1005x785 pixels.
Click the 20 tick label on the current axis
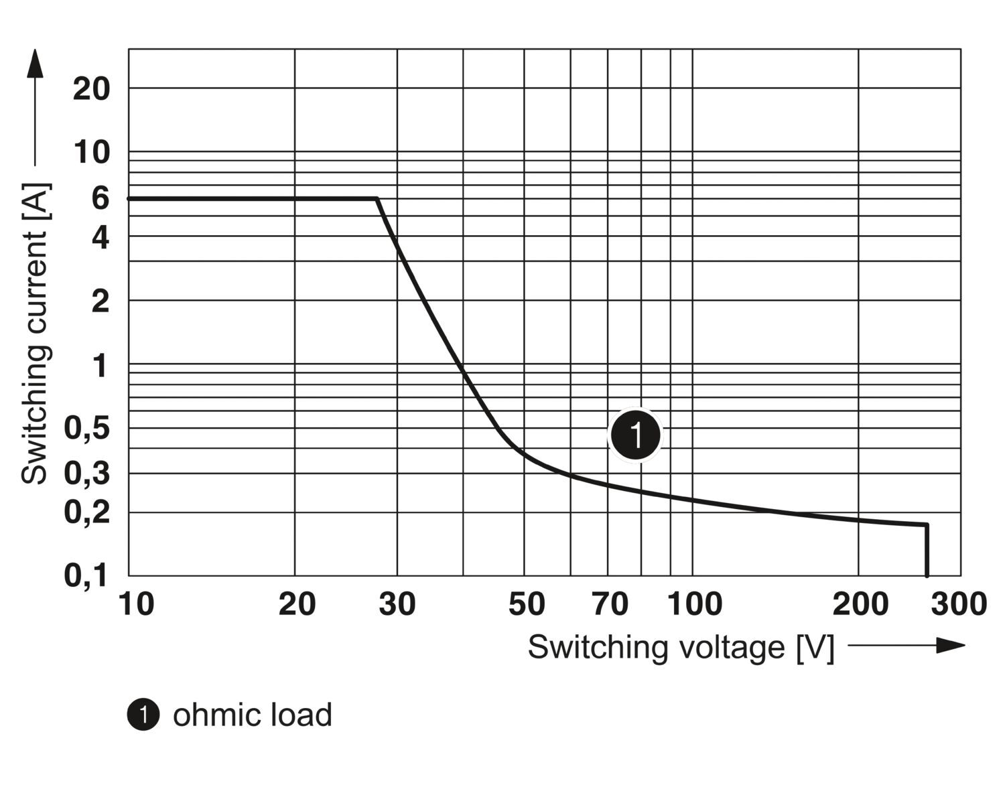(x=91, y=88)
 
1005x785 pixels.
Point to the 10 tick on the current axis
(x=91, y=153)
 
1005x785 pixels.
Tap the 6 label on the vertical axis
(x=100, y=198)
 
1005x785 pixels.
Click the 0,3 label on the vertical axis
(x=86, y=474)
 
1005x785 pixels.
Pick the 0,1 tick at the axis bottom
(x=86, y=575)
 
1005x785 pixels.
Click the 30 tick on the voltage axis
(x=397, y=604)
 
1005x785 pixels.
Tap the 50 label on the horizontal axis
(x=526, y=604)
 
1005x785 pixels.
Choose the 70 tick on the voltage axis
(x=610, y=604)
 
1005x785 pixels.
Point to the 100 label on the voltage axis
(x=694, y=604)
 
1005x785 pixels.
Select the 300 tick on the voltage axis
(x=958, y=604)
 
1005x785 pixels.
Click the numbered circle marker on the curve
(x=635, y=435)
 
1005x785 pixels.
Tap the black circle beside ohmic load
(x=143, y=715)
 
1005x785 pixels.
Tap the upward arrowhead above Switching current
(x=35, y=64)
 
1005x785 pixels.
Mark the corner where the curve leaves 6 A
(x=377, y=199)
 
